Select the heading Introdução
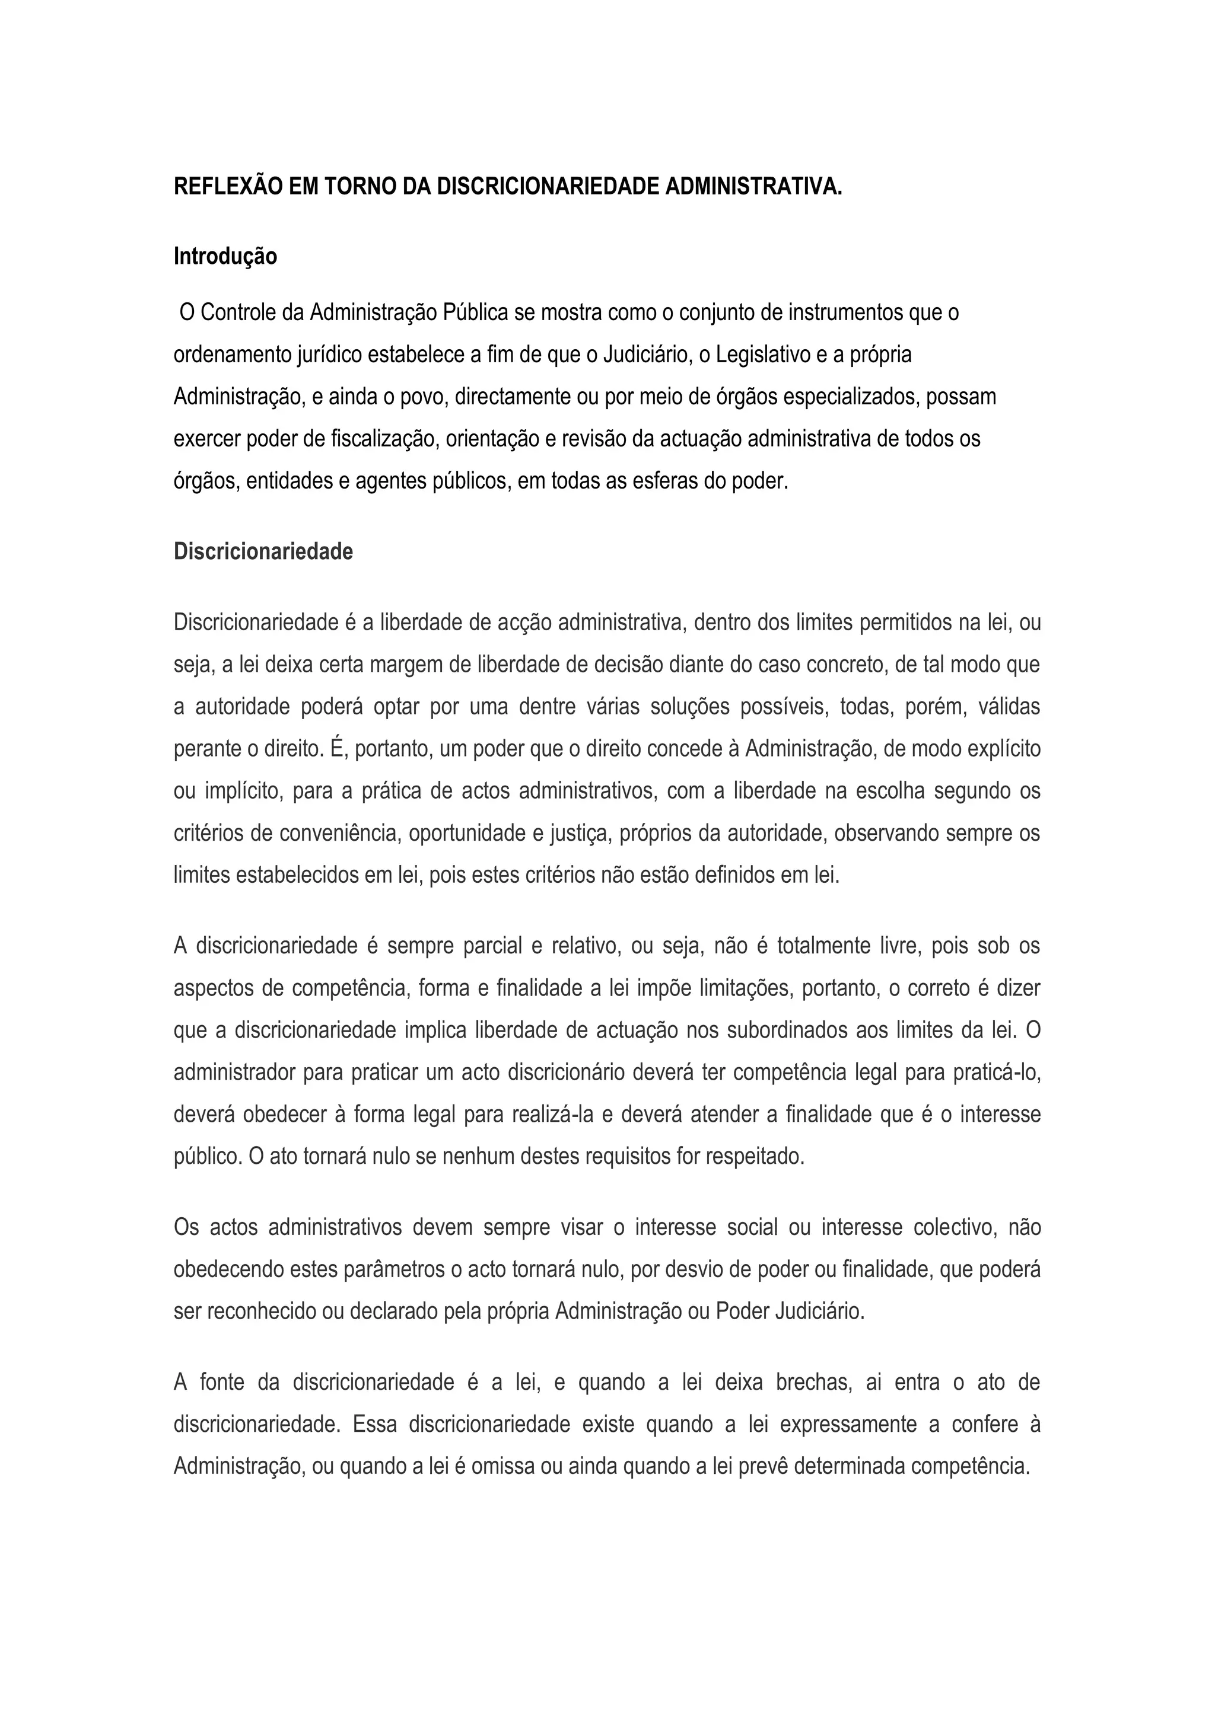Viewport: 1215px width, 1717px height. coord(225,257)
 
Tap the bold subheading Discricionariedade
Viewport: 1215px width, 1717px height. coord(263,551)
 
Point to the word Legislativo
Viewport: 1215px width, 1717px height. coord(762,355)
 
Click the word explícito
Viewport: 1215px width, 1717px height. coord(1006,749)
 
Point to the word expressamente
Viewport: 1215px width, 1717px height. coord(848,1424)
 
